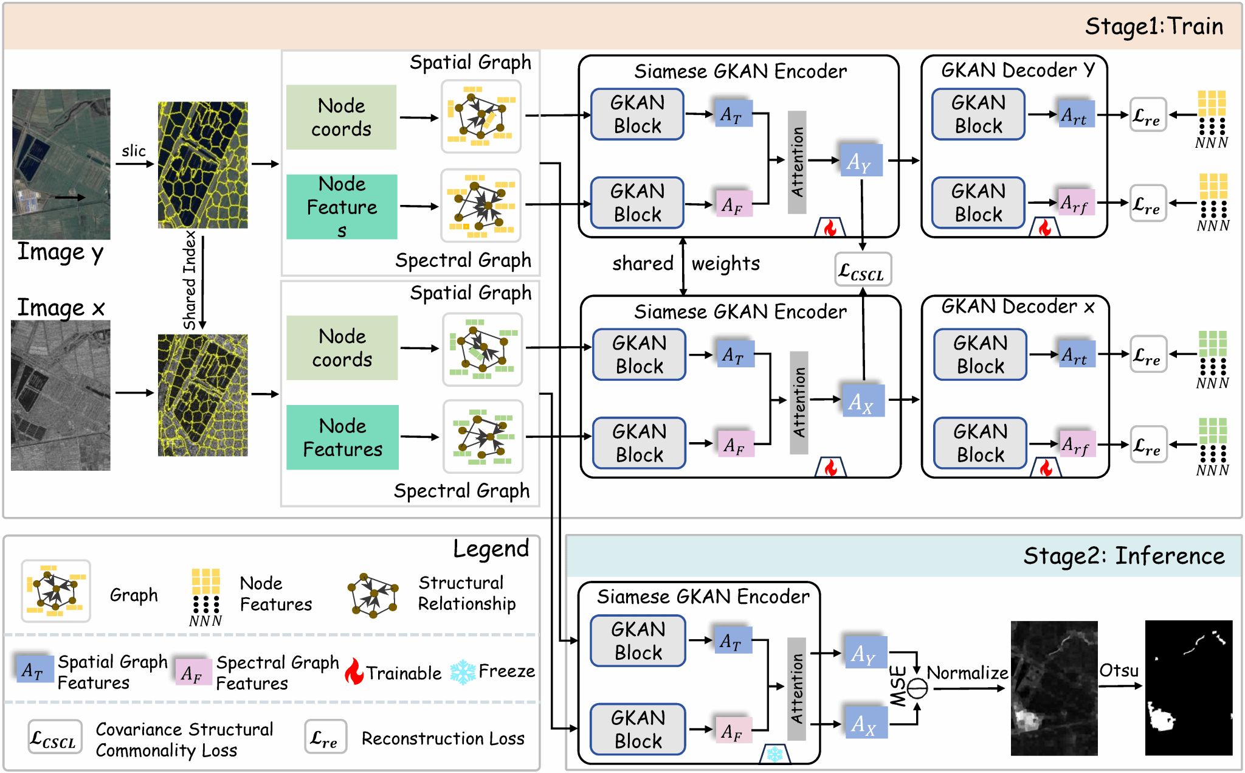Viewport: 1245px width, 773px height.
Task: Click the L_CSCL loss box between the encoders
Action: click(863, 269)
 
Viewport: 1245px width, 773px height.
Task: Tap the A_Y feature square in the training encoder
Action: click(861, 161)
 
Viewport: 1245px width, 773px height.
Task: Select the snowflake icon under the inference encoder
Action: click(774, 754)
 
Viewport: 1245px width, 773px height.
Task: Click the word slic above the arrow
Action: click(134, 151)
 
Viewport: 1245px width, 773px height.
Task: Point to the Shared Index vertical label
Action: click(190, 280)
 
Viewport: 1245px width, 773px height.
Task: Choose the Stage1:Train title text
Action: click(1154, 26)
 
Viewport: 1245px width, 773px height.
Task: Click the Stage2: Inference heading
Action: click(1123, 556)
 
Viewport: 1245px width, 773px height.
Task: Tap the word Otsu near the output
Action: click(1119, 670)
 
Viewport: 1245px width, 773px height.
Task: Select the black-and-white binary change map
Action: click(1188, 688)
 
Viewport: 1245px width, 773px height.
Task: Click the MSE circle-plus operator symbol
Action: click(917, 688)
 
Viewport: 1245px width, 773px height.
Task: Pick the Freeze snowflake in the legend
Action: click(463, 672)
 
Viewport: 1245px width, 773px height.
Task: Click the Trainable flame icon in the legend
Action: click(354, 671)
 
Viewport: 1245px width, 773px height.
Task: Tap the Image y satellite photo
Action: click(61, 164)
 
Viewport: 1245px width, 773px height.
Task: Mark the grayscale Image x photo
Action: click(61, 395)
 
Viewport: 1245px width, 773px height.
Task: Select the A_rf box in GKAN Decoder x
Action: click(1077, 445)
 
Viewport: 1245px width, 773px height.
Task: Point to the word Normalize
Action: click(967, 673)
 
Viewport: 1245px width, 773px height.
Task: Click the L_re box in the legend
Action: click(325, 737)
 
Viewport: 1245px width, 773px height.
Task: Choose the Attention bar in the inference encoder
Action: click(796, 688)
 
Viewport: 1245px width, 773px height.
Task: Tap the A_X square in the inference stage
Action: click(864, 723)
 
